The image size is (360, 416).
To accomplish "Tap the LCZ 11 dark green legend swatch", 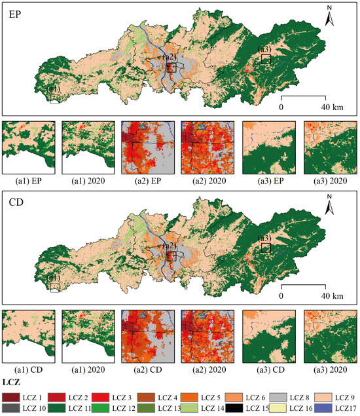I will (53, 408).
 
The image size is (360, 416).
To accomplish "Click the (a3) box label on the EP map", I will (265, 50).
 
